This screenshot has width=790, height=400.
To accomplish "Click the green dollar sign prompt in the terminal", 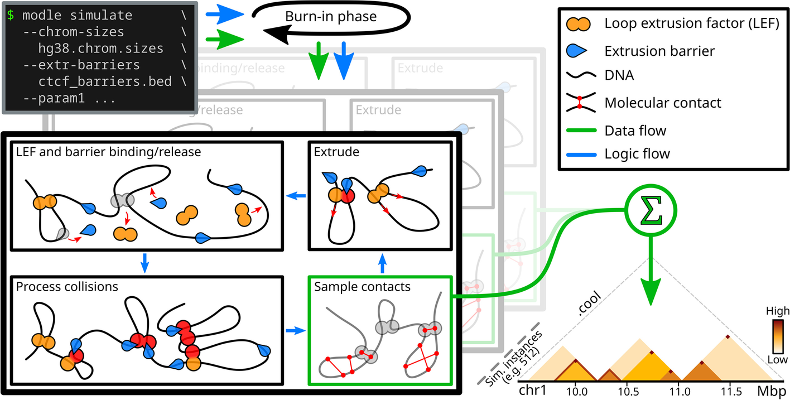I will click(x=11, y=15).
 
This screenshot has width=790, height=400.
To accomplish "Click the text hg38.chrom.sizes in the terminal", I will click(x=101, y=49).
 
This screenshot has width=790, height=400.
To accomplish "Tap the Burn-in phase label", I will click(x=331, y=16).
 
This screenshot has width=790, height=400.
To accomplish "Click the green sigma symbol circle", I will click(x=651, y=211).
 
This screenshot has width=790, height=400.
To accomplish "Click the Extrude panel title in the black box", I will click(x=336, y=151).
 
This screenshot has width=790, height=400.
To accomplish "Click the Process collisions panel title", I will click(x=67, y=287).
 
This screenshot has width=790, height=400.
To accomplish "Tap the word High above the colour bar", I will click(x=777, y=311).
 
